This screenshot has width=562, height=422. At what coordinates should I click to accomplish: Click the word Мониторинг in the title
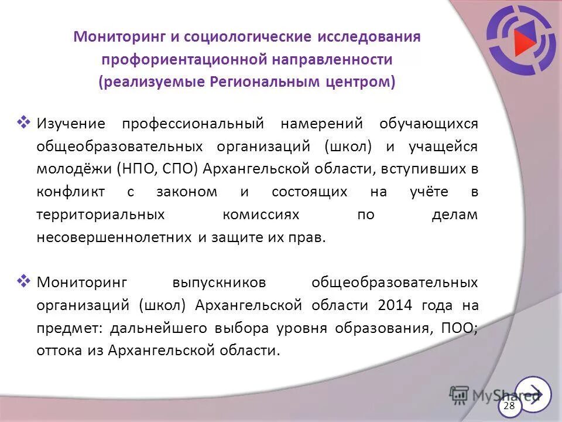[x=119, y=37]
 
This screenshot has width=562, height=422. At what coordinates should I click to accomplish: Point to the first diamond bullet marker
[x=24, y=122]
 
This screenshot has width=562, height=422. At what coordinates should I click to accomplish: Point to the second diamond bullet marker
[x=24, y=281]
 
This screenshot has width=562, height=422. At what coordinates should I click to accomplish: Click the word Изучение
[x=71, y=124]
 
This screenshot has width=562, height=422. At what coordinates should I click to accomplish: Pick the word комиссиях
[x=261, y=215]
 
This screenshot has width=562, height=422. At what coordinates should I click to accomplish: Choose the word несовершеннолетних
[x=114, y=238]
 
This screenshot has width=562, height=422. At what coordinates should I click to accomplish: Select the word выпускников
[x=219, y=283]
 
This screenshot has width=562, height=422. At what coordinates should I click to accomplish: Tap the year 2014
[x=395, y=305]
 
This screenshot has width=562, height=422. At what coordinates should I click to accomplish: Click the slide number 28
[x=509, y=406]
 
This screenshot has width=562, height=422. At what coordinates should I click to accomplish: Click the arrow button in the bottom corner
[x=533, y=394]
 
